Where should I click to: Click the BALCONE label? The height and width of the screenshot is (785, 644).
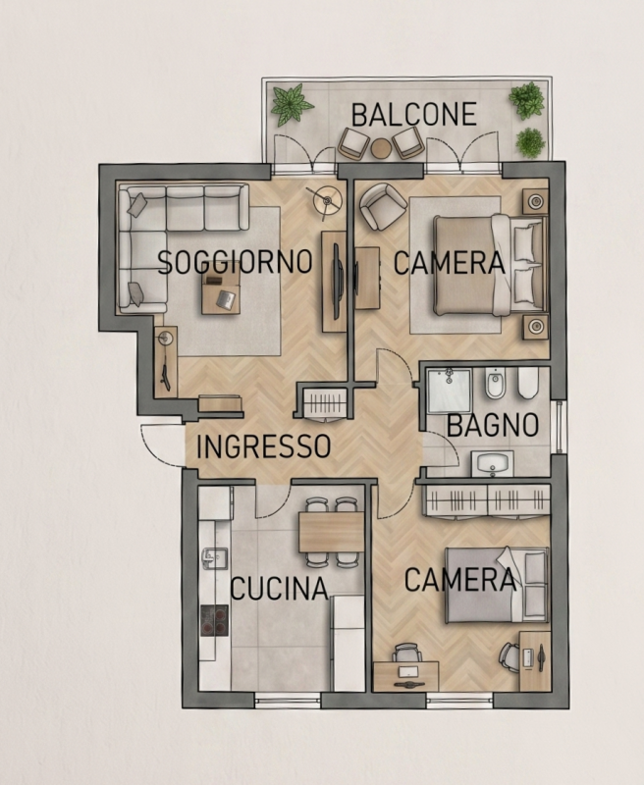pos(413,114)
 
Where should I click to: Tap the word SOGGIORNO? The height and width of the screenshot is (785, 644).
pos(235,261)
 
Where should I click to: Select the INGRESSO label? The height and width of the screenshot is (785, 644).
pos(263,446)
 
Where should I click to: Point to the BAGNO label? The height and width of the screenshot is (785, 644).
pos(492,425)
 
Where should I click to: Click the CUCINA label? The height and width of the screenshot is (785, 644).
pos(279,588)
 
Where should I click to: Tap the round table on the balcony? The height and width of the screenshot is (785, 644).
pos(381,148)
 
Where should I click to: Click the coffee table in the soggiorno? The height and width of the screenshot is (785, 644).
pos(221,293)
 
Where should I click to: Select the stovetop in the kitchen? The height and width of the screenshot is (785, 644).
pos(214,620)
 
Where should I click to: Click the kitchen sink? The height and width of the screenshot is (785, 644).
pos(215,558)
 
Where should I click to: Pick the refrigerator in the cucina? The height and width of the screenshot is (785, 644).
pos(348,644)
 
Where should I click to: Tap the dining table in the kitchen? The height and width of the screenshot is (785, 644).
pos(331,532)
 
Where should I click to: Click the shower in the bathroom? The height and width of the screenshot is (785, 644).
pos(449,391)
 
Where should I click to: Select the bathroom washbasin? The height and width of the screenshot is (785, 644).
pos(492,463)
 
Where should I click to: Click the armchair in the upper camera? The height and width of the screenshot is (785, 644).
pos(383,206)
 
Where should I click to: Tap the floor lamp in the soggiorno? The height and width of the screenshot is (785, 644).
pos(328,200)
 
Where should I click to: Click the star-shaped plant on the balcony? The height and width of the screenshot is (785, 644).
pos(292,104)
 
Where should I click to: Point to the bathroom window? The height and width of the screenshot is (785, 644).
pos(558,427)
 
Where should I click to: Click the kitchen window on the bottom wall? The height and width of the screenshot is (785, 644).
pos(288,700)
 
